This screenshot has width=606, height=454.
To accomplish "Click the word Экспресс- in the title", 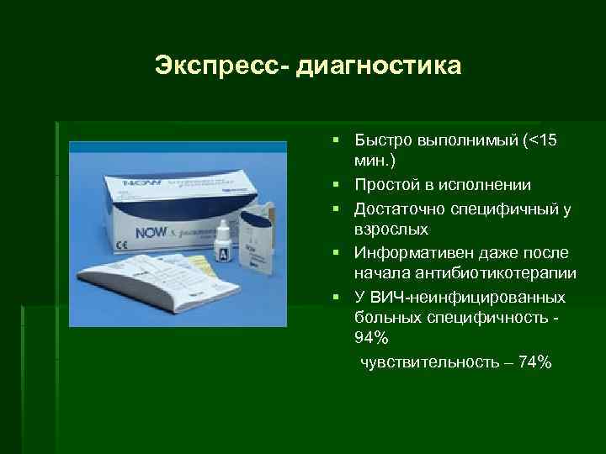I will [x=221, y=65].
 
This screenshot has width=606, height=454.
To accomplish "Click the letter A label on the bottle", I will [x=221, y=252].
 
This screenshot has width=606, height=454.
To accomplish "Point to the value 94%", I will [x=373, y=337].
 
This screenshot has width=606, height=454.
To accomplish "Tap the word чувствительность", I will [x=427, y=362].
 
